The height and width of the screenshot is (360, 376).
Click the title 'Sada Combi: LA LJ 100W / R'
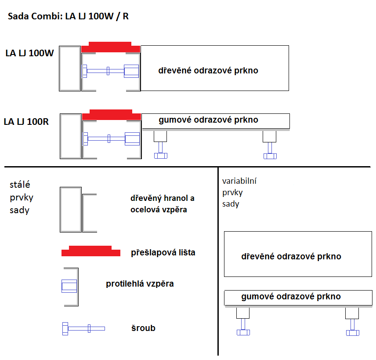tap(68, 16)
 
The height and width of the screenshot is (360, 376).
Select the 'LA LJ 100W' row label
tap(29, 53)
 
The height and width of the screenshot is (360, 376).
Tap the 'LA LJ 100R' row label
tap(26, 122)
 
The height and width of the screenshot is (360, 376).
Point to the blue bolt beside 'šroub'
tap(83, 328)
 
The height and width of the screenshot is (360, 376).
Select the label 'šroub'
tap(143, 328)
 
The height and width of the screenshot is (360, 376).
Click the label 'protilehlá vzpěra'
tap(140, 284)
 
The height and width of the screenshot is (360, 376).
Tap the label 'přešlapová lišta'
tap(163, 252)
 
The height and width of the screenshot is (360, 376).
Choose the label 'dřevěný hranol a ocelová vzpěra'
tap(163, 204)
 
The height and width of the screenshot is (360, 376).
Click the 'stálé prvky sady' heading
tap(22, 197)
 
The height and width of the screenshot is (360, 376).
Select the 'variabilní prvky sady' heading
tap(239, 193)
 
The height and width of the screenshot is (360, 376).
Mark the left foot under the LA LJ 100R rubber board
tap(160, 145)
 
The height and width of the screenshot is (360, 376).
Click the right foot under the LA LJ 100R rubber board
tap(270, 145)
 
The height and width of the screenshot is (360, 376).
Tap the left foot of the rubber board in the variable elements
tap(243, 322)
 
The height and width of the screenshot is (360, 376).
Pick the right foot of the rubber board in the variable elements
tap(352, 322)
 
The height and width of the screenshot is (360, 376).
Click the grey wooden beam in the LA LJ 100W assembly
tap(70, 69)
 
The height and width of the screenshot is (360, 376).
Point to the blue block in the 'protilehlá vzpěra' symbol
tap(69, 286)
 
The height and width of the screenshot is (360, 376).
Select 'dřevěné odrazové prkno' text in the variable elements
tap(291, 256)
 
